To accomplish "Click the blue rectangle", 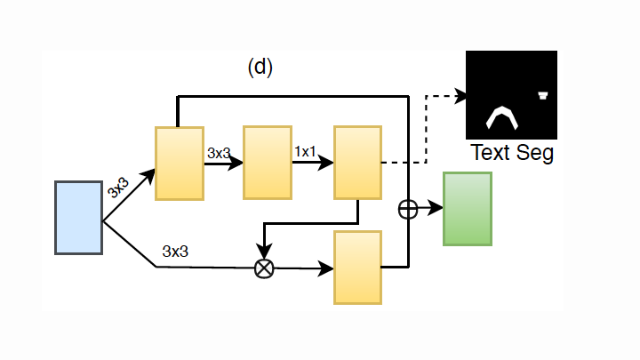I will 78,218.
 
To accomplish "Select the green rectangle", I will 467,209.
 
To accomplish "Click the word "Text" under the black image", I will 490,153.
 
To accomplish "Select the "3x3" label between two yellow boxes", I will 219,153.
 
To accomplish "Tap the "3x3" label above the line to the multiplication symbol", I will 175,251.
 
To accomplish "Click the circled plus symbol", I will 408,209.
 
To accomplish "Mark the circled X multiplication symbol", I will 264,268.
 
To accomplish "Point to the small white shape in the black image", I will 543,95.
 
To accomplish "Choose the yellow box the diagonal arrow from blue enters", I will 180,164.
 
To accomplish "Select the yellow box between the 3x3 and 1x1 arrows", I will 267,164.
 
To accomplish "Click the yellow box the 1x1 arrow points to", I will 357,164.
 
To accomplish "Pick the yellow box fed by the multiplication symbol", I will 357,268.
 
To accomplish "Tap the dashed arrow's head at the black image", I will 461,94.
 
